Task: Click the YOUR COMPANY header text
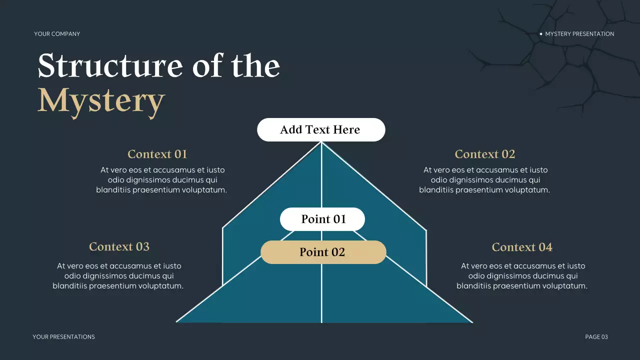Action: (57, 33)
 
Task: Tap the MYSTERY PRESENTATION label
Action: (579, 33)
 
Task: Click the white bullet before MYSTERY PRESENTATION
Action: (541, 33)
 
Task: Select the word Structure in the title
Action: (110, 65)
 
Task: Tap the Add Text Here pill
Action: (321, 129)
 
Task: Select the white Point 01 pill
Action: (322, 219)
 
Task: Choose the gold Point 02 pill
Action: (323, 252)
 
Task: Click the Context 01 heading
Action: (157, 154)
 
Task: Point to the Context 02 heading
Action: (485, 154)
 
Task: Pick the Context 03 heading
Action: (119, 246)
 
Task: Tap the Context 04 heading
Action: (522, 247)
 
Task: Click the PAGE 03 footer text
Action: (596, 337)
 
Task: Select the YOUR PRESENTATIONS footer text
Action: (63, 337)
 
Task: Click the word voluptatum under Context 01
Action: (204, 190)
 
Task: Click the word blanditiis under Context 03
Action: (69, 285)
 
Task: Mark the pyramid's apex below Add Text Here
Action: (321, 142)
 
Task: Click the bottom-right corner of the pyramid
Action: (472, 322)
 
